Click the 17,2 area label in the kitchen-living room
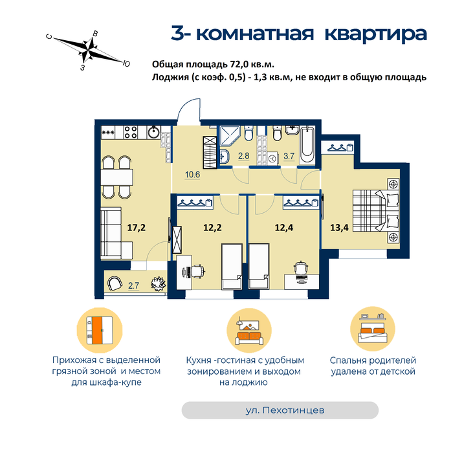pos(137,228)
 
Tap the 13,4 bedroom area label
pos(339,228)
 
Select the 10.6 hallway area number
pos(192,175)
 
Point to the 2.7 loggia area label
pos(133,286)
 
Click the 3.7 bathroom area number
pos(289,157)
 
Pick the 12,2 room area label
pos(212,228)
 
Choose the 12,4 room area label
pos(283,228)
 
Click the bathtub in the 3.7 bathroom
pos(307,145)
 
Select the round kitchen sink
pos(154,133)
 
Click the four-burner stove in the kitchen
pos(130,132)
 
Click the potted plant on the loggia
pos(158,283)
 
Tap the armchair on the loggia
pos(115,283)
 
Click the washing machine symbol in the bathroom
pos(272,159)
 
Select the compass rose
pos(88,50)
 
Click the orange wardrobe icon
pos(100,330)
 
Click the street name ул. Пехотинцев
pos(285,410)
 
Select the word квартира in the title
pos(376,34)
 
